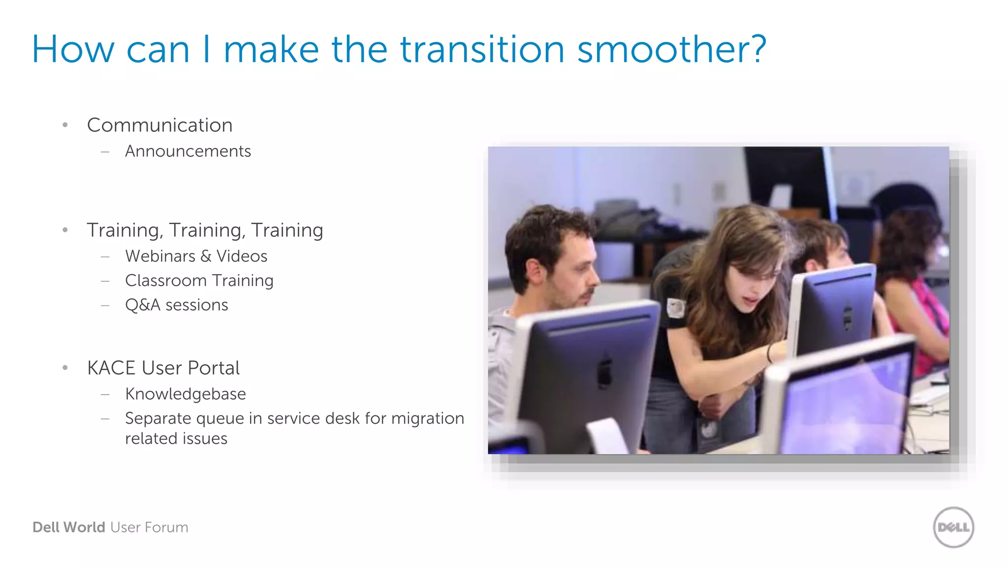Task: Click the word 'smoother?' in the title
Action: click(671, 50)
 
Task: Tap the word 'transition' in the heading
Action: click(482, 50)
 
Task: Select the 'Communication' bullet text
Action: click(159, 125)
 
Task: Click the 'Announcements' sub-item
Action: click(188, 151)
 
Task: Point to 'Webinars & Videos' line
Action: click(196, 256)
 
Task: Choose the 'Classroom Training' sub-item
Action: click(199, 281)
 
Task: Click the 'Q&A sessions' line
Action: click(176, 305)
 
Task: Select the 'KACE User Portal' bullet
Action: click(163, 368)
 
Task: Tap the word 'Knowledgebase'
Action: click(185, 394)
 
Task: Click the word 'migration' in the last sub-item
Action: click(427, 418)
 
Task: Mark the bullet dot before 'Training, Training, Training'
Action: click(65, 230)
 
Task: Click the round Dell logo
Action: click(953, 527)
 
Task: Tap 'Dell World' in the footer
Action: click(69, 527)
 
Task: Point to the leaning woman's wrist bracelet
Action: click(769, 353)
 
